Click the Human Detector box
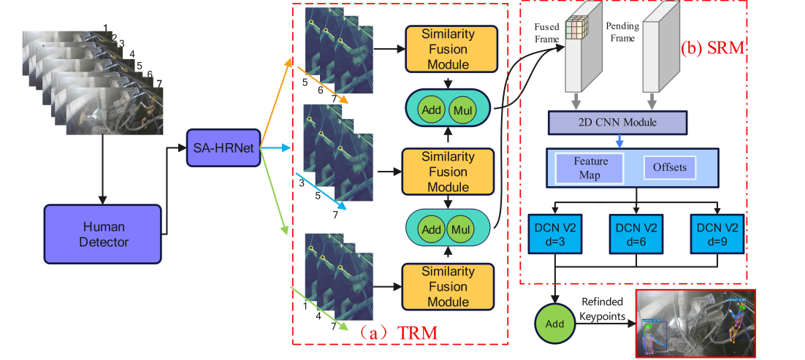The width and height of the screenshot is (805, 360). click(102, 230)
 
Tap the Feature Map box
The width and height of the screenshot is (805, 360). click(590, 167)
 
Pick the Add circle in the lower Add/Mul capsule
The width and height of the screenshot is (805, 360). click(433, 228)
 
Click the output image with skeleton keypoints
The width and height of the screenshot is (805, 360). click(695, 324)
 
